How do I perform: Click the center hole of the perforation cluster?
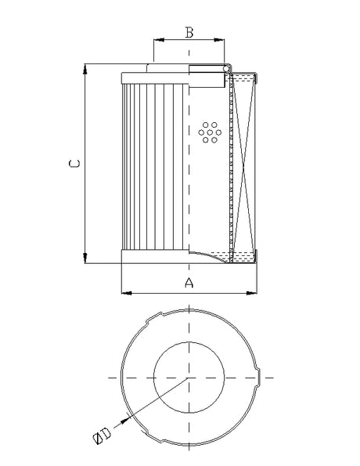pyautogui.click(x=209, y=134)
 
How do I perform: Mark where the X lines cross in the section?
pyautogui.click(x=244, y=165)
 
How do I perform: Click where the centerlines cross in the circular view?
pyautogui.click(x=189, y=378)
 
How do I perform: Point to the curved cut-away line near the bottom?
pyautogui.click(x=211, y=255)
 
